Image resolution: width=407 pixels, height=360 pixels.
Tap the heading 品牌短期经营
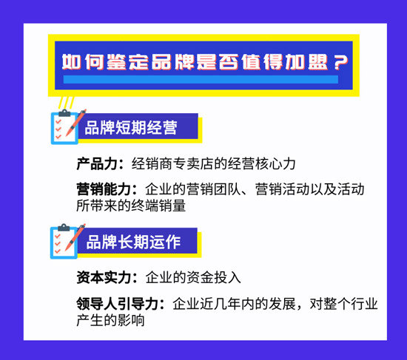[131, 128]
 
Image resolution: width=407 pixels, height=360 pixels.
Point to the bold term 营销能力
[103, 189]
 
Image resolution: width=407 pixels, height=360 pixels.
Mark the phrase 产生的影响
[110, 321]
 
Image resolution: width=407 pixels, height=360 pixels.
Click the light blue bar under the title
[200, 79]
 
